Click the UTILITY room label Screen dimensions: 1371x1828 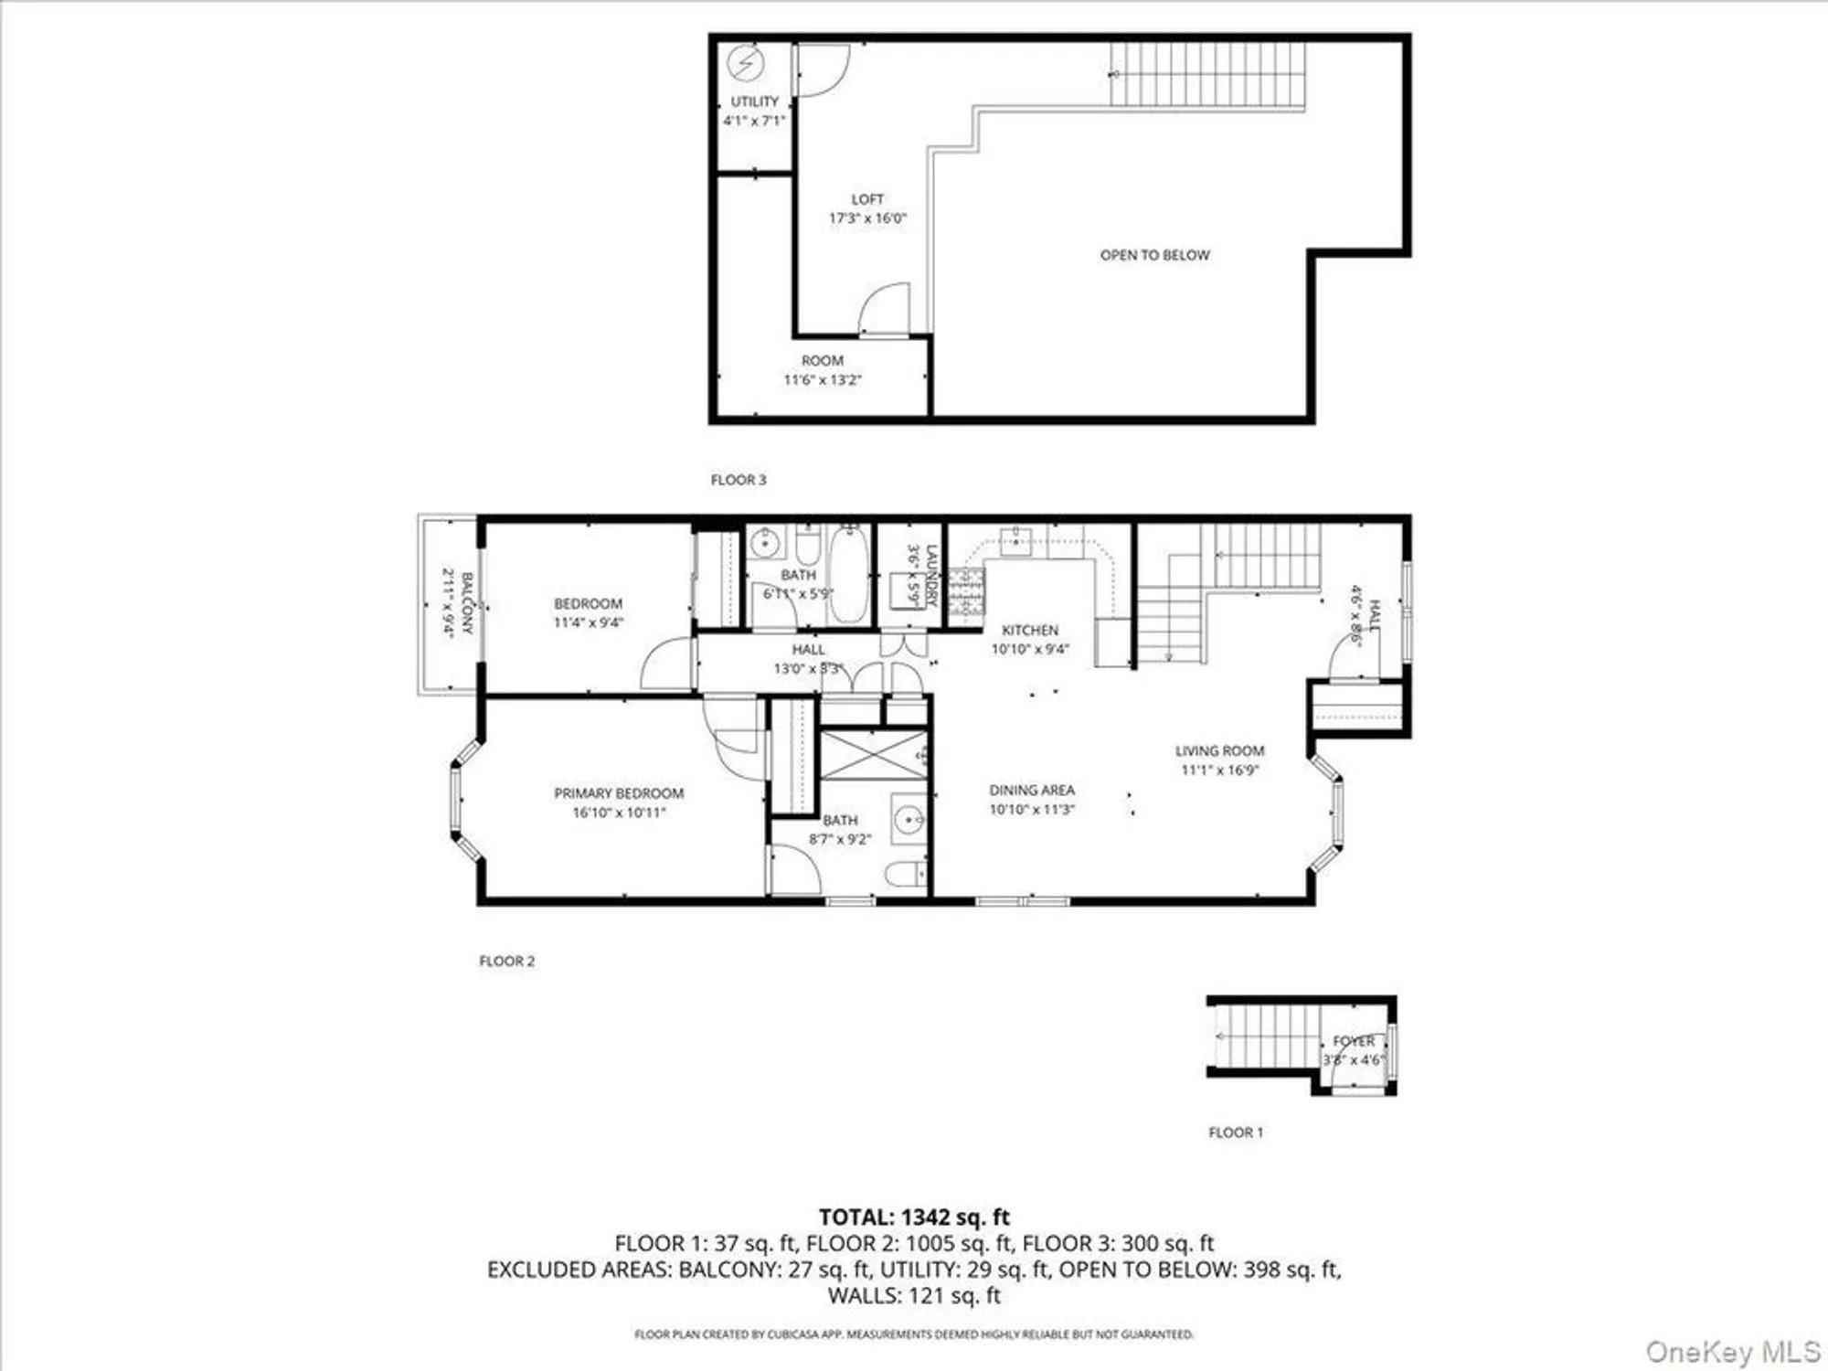pyautogui.click(x=754, y=101)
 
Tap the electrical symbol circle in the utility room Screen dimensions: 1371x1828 pyautogui.click(x=746, y=64)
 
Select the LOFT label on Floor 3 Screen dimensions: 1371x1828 pyautogui.click(x=867, y=199)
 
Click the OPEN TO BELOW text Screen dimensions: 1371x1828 pyautogui.click(x=1154, y=255)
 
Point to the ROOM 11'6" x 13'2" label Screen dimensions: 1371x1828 pyautogui.click(x=823, y=369)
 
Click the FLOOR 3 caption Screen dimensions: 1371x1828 pyautogui.click(x=739, y=480)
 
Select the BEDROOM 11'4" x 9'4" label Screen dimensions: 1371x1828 pyautogui.click(x=588, y=612)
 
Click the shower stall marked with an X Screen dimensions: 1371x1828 pyautogui.click(x=874, y=754)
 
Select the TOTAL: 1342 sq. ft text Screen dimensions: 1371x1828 pyautogui.click(x=914, y=1217)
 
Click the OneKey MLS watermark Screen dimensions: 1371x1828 pyautogui.click(x=1733, y=1351)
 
